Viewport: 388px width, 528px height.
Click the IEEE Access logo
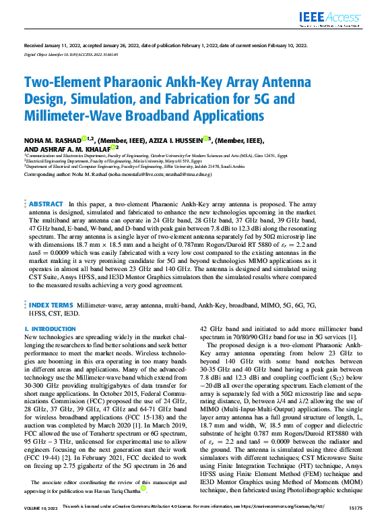tap(337, 15)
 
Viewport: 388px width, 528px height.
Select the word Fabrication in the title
tap(209, 99)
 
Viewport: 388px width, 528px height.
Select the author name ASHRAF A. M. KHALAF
tap(68, 148)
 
